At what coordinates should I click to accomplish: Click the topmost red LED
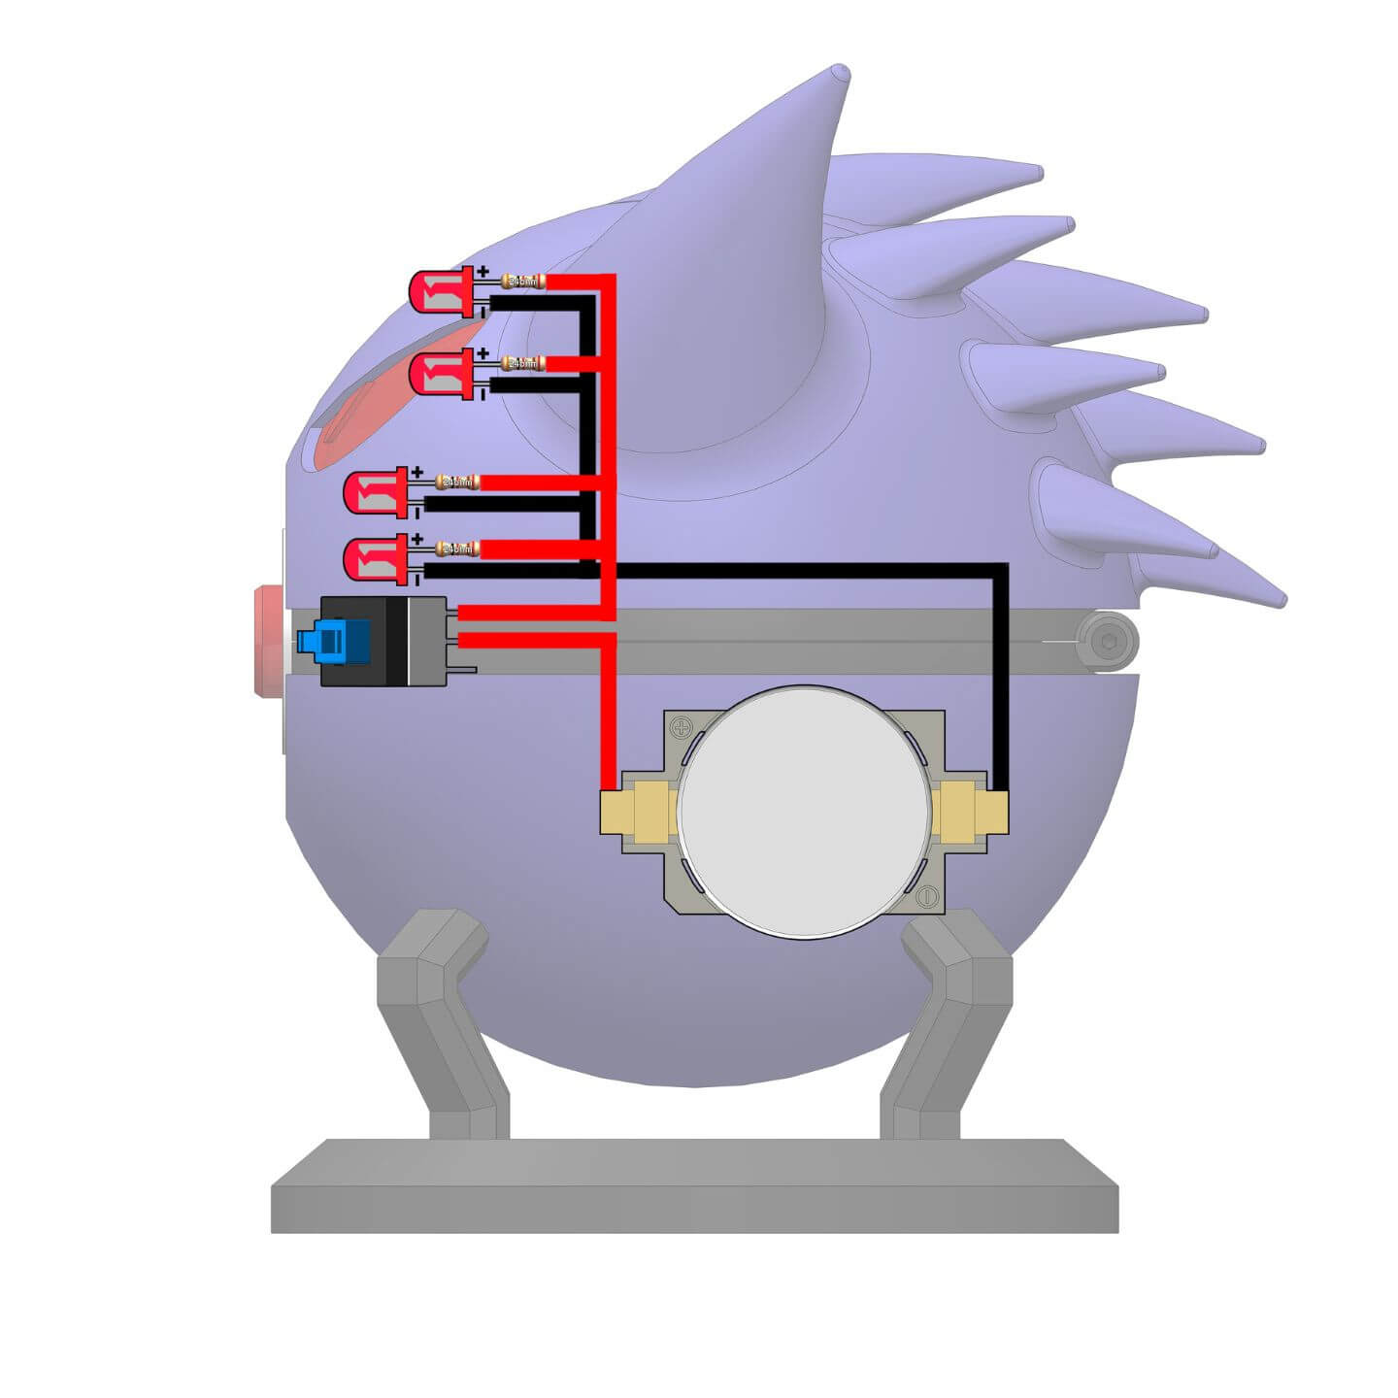[x=439, y=291]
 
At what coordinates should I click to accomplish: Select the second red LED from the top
[x=439, y=373]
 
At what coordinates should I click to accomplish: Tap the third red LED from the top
[x=374, y=491]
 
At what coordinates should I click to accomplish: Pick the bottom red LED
[x=374, y=559]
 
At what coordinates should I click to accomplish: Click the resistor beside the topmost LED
[x=522, y=282]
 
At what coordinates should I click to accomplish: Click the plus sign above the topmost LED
[x=483, y=273]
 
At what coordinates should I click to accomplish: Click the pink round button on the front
[x=264, y=641]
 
